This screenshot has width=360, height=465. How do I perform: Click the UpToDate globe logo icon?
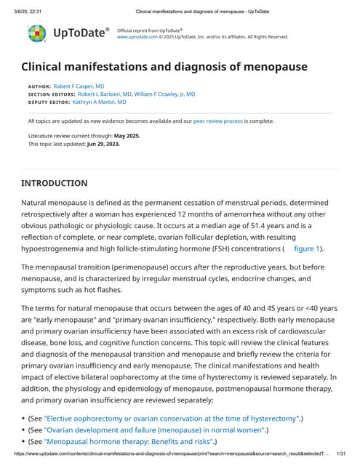(36, 33)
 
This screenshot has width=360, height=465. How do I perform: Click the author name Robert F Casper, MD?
(79, 86)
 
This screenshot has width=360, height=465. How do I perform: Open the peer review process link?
(219, 121)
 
